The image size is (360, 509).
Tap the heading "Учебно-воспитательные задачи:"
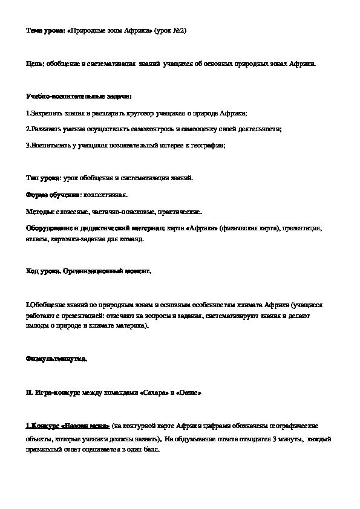point(79,96)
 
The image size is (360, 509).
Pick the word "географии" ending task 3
point(208,145)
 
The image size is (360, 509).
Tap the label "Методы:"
point(40,212)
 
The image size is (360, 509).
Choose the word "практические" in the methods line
point(180,212)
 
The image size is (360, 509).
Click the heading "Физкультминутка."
point(57,358)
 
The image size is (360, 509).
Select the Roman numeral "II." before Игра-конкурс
point(30,392)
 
